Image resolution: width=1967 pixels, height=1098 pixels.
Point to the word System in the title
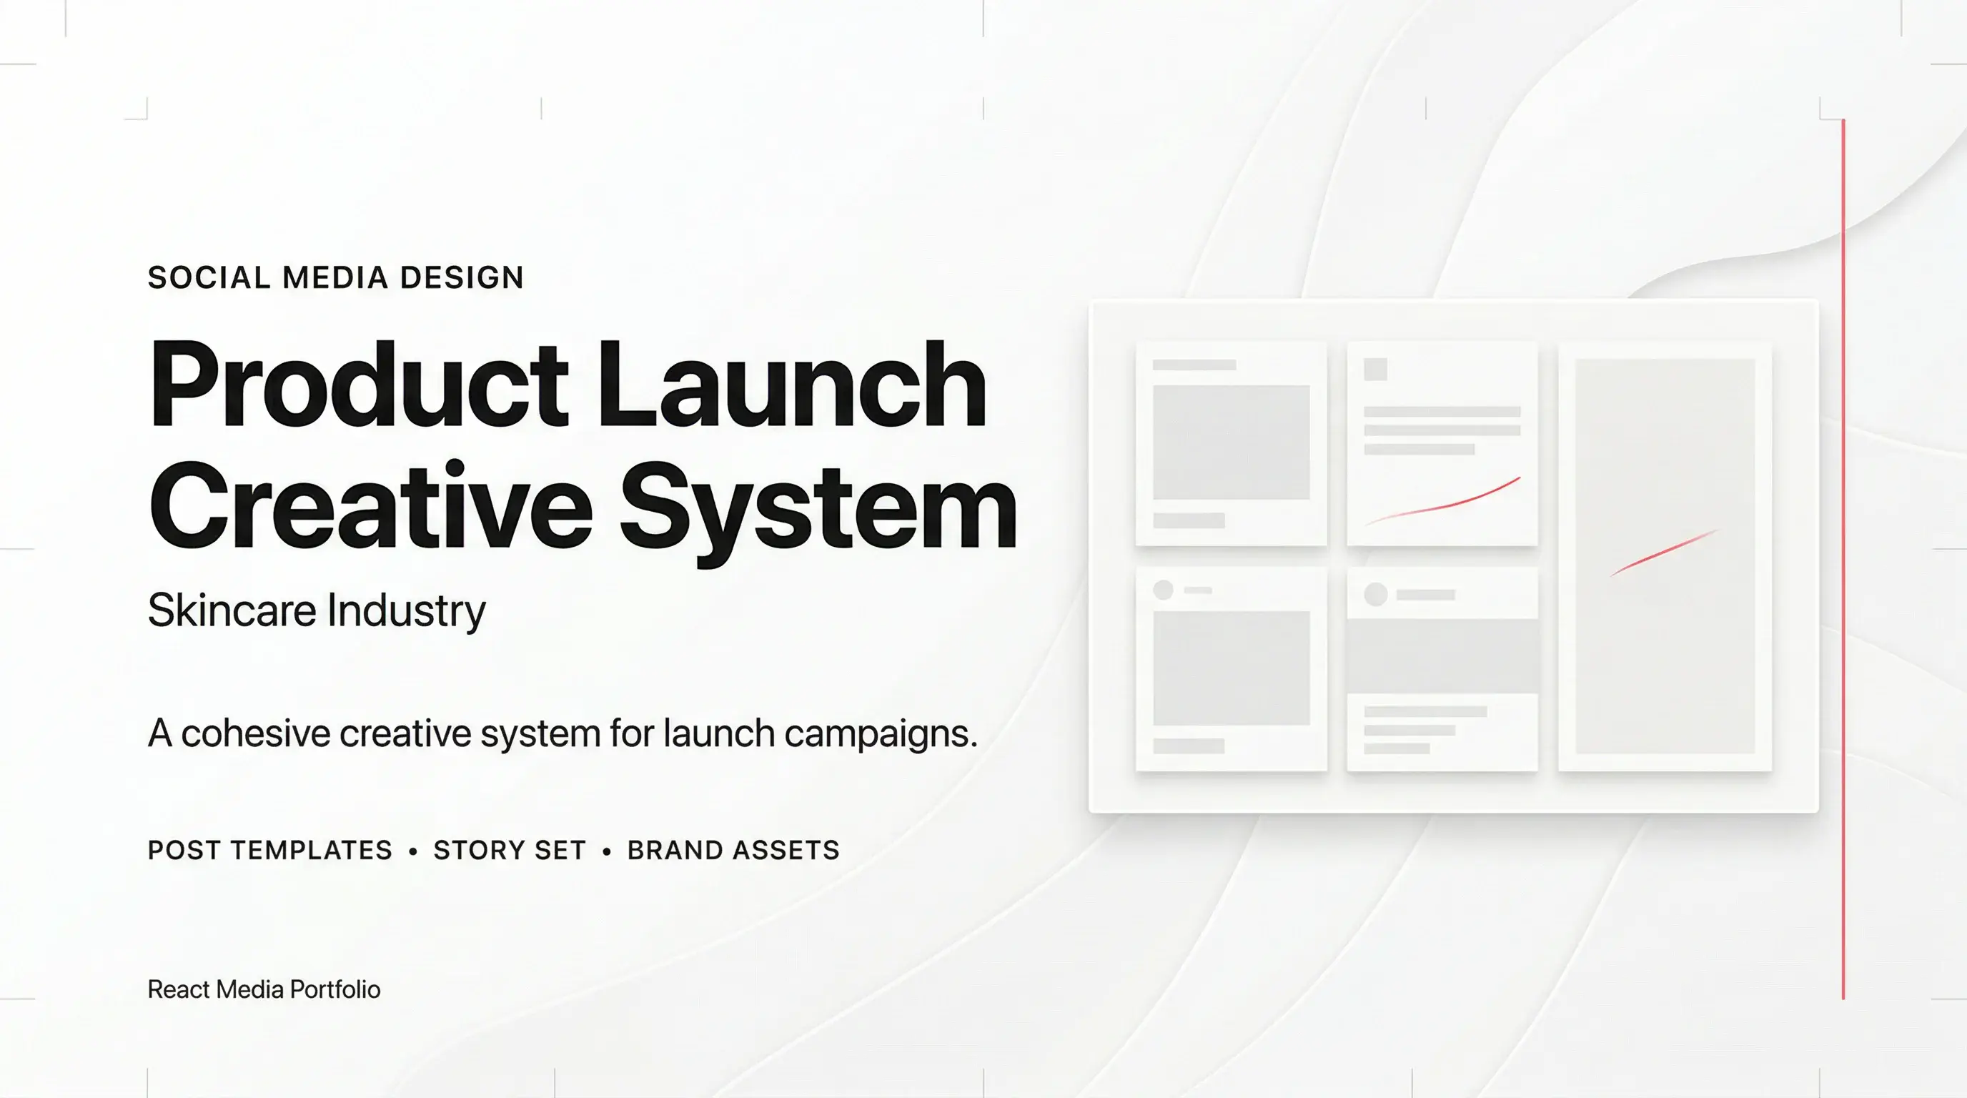click(818, 508)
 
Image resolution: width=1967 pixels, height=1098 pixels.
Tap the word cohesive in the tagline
click(255, 733)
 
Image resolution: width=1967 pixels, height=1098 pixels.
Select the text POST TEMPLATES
click(269, 851)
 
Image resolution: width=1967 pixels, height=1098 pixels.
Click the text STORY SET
click(510, 851)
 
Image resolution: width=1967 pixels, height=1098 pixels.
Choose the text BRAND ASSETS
click(733, 851)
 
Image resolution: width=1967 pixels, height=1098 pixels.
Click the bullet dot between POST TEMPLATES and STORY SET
click(413, 851)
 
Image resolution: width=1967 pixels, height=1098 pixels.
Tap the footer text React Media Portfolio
click(264, 989)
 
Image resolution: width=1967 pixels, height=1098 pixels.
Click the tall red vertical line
click(1843, 558)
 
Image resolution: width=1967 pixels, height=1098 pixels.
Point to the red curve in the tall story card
click(1663, 552)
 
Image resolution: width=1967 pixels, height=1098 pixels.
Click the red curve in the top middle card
click(1443, 502)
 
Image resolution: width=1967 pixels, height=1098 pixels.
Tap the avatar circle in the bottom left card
click(1163, 590)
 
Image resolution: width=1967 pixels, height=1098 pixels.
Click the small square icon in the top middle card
click(1375, 370)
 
